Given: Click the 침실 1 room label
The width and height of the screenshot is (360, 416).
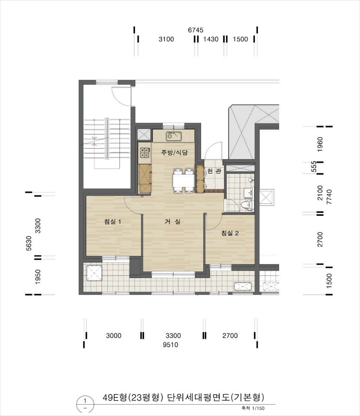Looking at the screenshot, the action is (x=112, y=222).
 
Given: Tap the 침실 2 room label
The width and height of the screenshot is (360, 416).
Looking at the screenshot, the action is (x=230, y=233).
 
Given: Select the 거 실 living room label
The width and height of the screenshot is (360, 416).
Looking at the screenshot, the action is (x=173, y=222).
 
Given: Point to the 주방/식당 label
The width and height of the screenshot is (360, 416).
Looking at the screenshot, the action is (x=174, y=152).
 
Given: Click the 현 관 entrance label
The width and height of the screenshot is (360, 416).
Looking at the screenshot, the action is (x=214, y=171).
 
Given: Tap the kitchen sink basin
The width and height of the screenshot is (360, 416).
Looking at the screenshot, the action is (x=174, y=136).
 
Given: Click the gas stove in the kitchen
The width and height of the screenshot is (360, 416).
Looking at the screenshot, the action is (x=145, y=152).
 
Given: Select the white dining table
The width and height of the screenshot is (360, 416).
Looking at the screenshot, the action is (x=183, y=180).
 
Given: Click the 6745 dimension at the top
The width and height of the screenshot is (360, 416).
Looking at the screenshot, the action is (x=196, y=30).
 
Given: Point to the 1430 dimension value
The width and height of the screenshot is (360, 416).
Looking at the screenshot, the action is (x=211, y=39).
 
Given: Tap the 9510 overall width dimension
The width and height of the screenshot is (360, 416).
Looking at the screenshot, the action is (x=171, y=345).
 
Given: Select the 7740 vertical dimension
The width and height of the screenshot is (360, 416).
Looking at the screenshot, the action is (x=329, y=197).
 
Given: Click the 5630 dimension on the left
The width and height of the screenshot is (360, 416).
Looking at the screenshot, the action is (x=29, y=243).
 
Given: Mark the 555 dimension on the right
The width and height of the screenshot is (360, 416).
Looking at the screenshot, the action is (x=314, y=167).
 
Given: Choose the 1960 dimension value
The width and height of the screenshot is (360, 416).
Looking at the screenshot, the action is (x=320, y=144).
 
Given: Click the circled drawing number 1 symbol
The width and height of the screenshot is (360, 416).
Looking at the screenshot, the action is (x=85, y=404).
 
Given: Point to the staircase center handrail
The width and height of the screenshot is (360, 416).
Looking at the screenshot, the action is (x=107, y=139).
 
